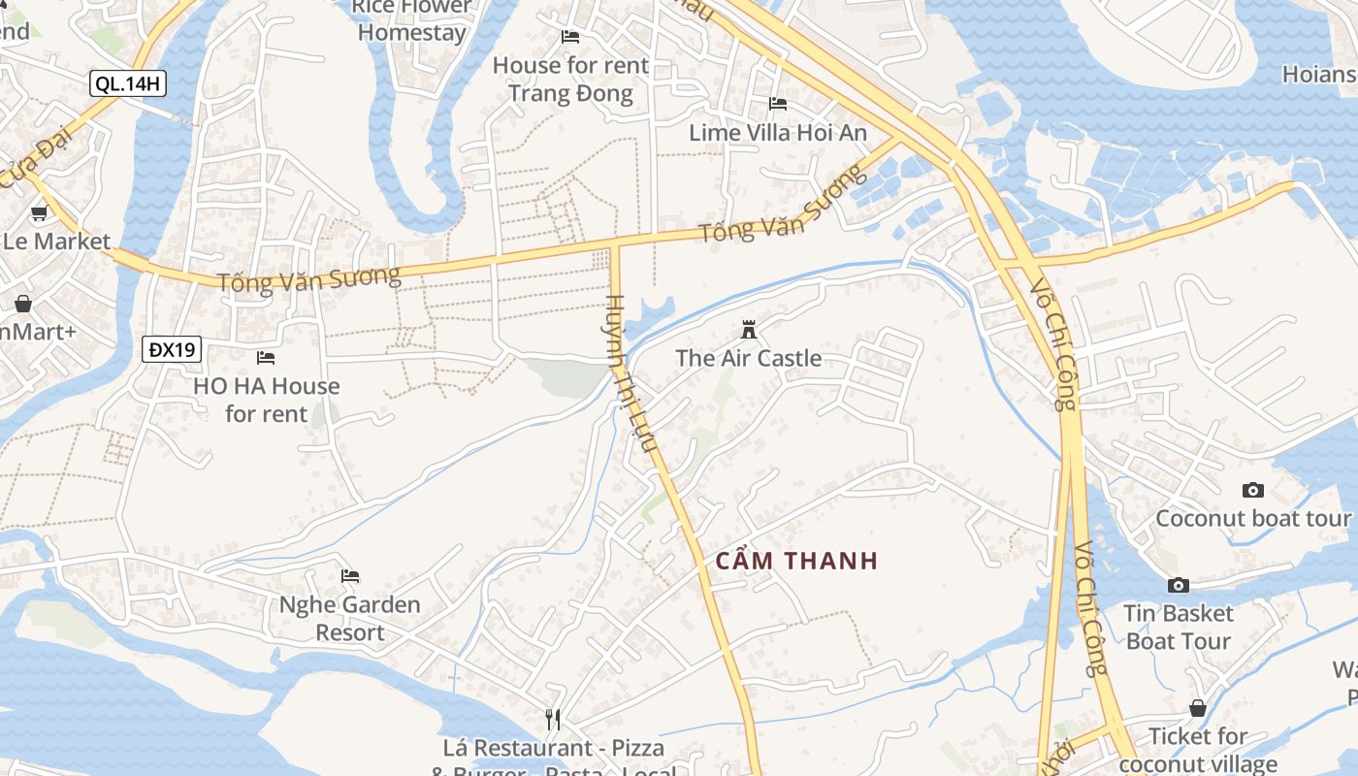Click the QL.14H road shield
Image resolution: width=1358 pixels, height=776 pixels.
point(128,83)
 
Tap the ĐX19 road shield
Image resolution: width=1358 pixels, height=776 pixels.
point(172,349)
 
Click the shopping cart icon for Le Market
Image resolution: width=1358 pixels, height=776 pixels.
point(39,213)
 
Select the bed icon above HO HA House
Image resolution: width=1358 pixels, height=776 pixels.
point(266,358)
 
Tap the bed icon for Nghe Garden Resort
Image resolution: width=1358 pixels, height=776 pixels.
point(350,576)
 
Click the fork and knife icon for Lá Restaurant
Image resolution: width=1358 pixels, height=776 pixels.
point(553,719)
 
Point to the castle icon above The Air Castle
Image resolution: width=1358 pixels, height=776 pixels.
point(748,329)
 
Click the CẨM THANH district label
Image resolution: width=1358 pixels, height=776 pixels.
point(796,561)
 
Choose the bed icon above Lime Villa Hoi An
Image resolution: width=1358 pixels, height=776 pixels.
point(778,104)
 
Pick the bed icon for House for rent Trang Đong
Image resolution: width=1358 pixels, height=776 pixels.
point(570,37)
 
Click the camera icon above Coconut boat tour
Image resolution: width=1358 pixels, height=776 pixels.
point(1253,490)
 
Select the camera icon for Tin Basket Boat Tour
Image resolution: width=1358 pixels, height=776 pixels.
point(1179,585)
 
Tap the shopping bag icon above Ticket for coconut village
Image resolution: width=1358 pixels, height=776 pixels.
point(1198,708)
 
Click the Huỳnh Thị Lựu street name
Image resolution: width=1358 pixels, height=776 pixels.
point(631,374)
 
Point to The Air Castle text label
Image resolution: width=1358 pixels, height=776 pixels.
point(748,358)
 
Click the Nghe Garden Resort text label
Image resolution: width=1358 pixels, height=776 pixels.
point(350,619)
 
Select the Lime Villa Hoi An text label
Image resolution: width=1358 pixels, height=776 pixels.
point(778,133)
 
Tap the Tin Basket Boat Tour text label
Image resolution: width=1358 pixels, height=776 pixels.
point(1179,627)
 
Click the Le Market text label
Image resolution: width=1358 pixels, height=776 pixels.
point(56,242)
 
